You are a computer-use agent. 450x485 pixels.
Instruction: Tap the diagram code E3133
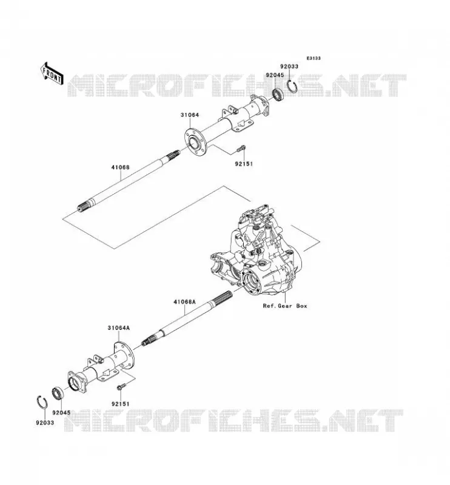[x=314, y=58]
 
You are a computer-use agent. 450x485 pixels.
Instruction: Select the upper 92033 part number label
[x=289, y=67]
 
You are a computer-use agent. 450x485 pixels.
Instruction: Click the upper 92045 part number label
[x=275, y=75]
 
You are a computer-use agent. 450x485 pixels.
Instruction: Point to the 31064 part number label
[x=190, y=115]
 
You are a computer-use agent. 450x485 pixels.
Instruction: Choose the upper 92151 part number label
[x=244, y=164]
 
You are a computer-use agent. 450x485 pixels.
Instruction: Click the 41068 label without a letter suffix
[x=121, y=167]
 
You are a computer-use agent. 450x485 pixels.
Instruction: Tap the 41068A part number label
[x=184, y=301]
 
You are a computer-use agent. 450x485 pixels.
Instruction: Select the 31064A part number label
[x=118, y=328]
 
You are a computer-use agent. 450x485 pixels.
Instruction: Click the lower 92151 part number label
[x=121, y=404]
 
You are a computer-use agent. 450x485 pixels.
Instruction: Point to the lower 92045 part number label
[x=61, y=413]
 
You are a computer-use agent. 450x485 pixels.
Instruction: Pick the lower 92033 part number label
[x=45, y=423]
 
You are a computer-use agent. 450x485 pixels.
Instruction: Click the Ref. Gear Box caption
[x=285, y=306]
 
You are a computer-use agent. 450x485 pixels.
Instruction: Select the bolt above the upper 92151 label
[x=241, y=149]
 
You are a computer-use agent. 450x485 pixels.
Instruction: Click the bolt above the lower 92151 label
[x=121, y=386]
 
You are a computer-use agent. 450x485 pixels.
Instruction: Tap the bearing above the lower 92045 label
[x=58, y=393]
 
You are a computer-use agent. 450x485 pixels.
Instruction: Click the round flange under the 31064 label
[x=196, y=142]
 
